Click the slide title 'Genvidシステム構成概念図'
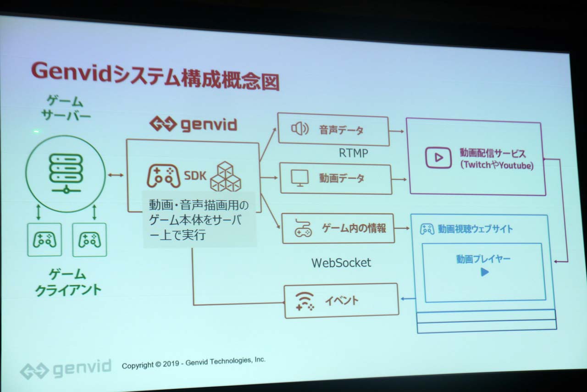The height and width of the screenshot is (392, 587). point(155,76)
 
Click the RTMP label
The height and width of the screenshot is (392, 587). point(353,153)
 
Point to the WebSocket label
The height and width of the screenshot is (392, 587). point(341,263)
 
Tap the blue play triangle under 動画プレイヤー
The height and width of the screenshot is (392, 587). point(484,272)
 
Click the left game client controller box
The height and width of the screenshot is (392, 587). point(44,240)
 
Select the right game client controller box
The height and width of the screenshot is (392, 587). point(89,240)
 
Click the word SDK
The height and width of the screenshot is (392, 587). point(195,175)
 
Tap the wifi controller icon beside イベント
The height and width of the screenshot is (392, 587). point(305,301)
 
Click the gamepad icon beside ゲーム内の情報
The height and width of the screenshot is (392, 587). point(302,228)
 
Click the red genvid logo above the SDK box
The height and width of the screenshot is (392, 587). point(193,124)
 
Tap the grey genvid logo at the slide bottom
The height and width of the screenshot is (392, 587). point(66,369)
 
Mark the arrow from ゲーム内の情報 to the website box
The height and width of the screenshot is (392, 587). point(402,228)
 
